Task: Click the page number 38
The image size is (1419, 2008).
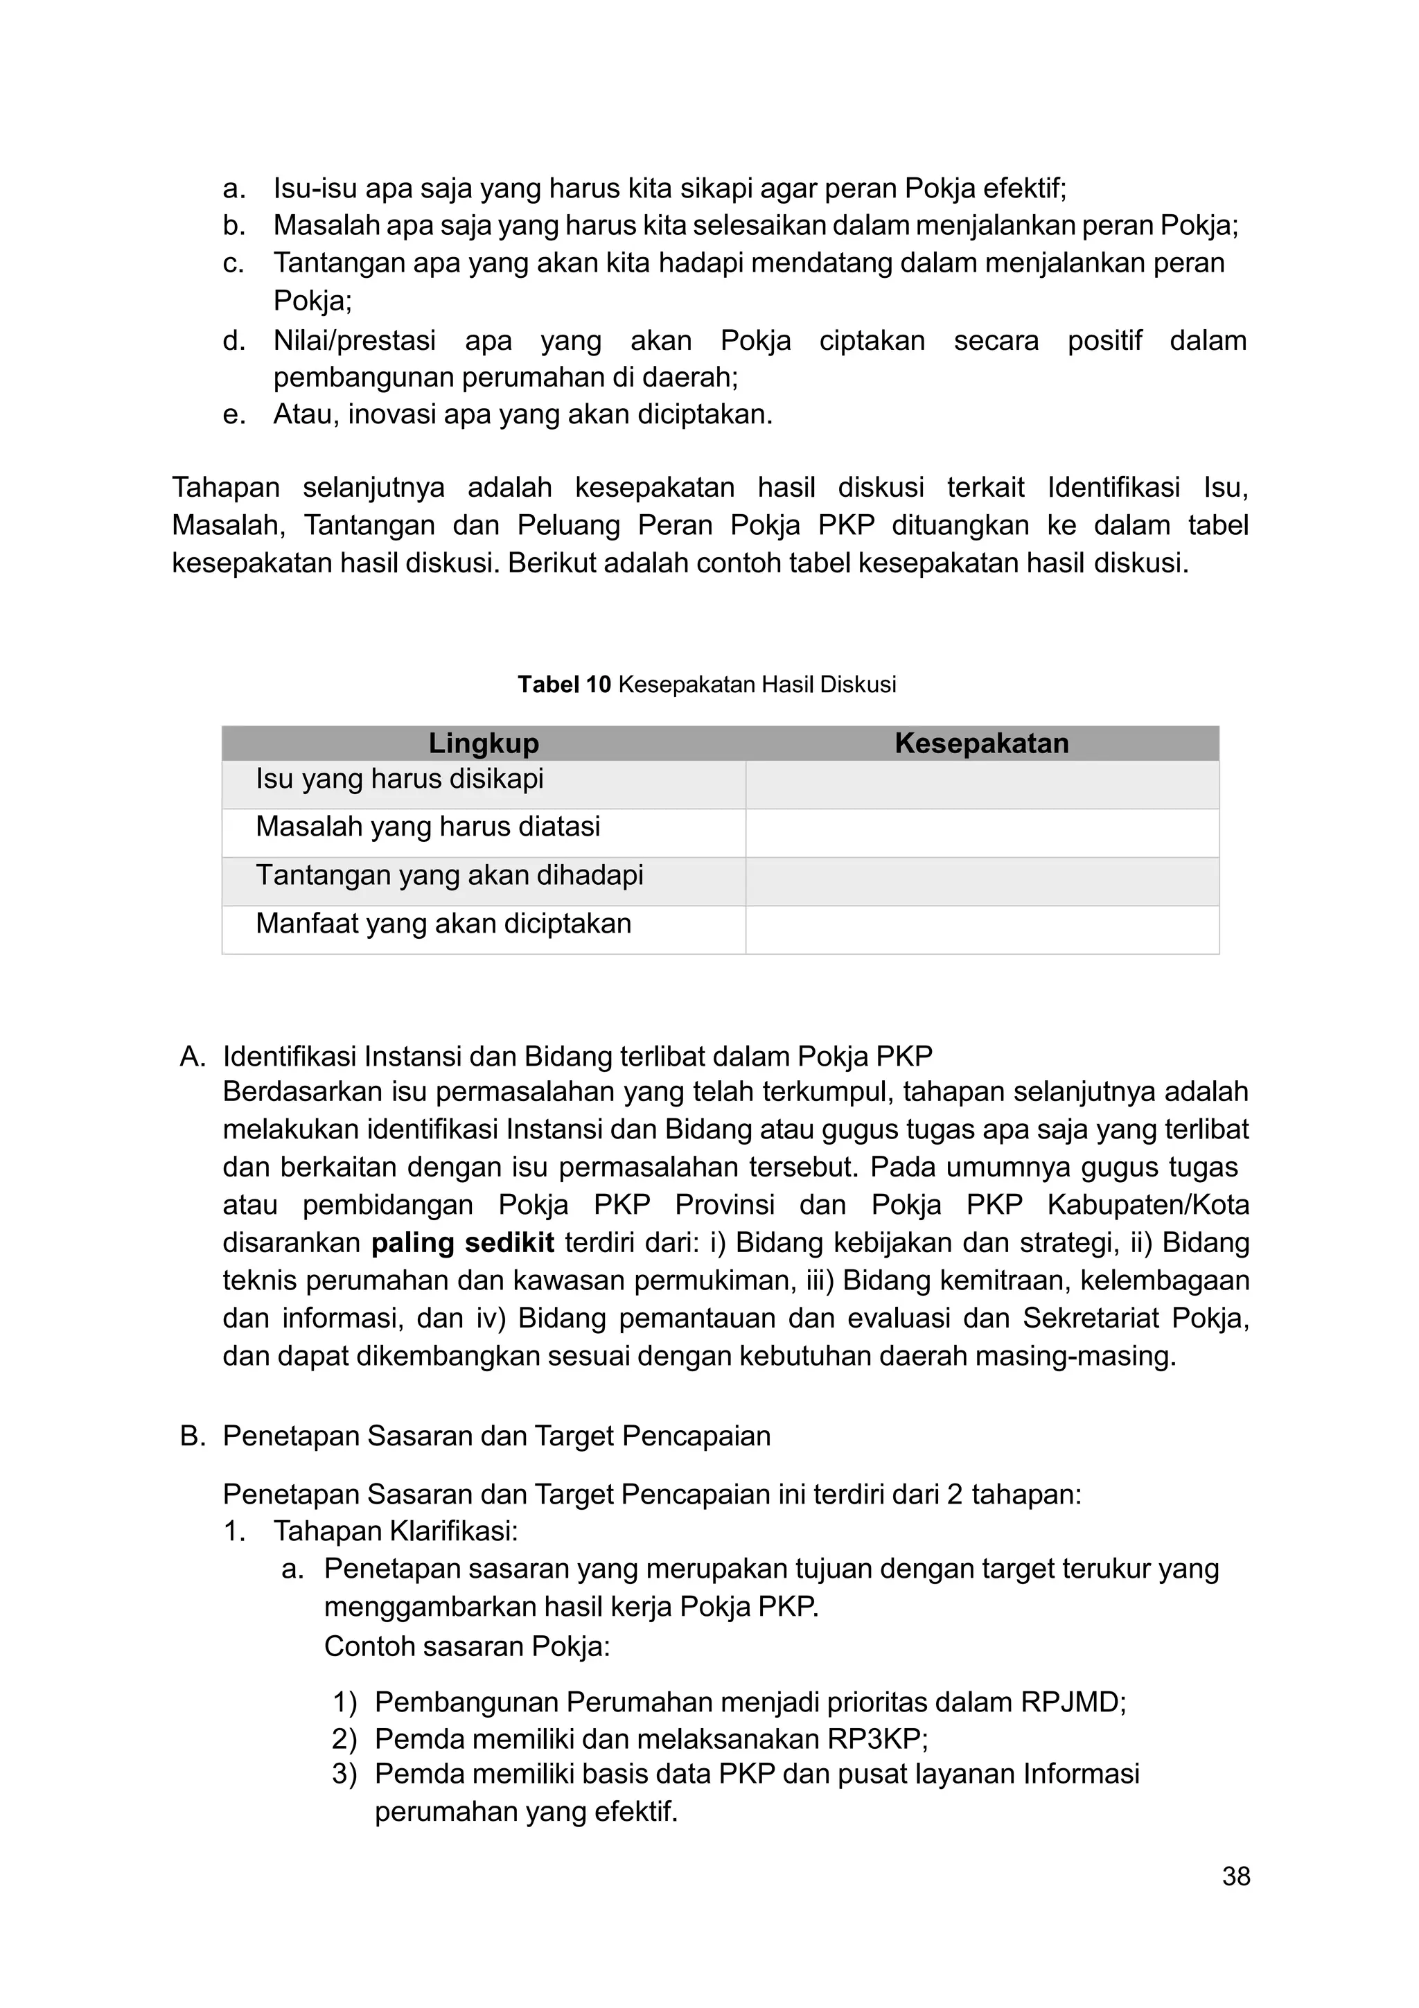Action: coord(1235,1876)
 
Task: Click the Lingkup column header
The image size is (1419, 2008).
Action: coord(484,743)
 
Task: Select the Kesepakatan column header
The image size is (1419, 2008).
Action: coord(981,743)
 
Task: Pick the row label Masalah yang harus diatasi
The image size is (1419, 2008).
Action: coord(428,827)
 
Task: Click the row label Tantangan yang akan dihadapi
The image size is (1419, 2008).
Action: coord(450,874)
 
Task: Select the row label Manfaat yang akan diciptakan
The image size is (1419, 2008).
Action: coord(443,924)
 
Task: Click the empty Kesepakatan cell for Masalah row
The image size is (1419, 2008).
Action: coord(981,833)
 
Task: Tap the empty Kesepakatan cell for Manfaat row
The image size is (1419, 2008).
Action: coord(981,930)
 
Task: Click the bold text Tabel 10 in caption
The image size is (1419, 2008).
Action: coord(563,685)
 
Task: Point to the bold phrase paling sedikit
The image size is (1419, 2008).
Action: coord(463,1243)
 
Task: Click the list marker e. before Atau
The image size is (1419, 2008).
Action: coord(233,414)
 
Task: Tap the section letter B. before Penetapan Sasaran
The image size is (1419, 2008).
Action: coord(193,1436)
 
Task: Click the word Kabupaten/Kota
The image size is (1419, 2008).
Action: coord(1147,1205)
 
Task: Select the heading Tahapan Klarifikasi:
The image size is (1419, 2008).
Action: coord(395,1531)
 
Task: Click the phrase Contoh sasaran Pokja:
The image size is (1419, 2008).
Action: coord(467,1647)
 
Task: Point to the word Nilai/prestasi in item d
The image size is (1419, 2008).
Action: coord(354,340)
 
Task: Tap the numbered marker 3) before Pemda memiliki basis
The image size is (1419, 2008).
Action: coord(344,1774)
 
